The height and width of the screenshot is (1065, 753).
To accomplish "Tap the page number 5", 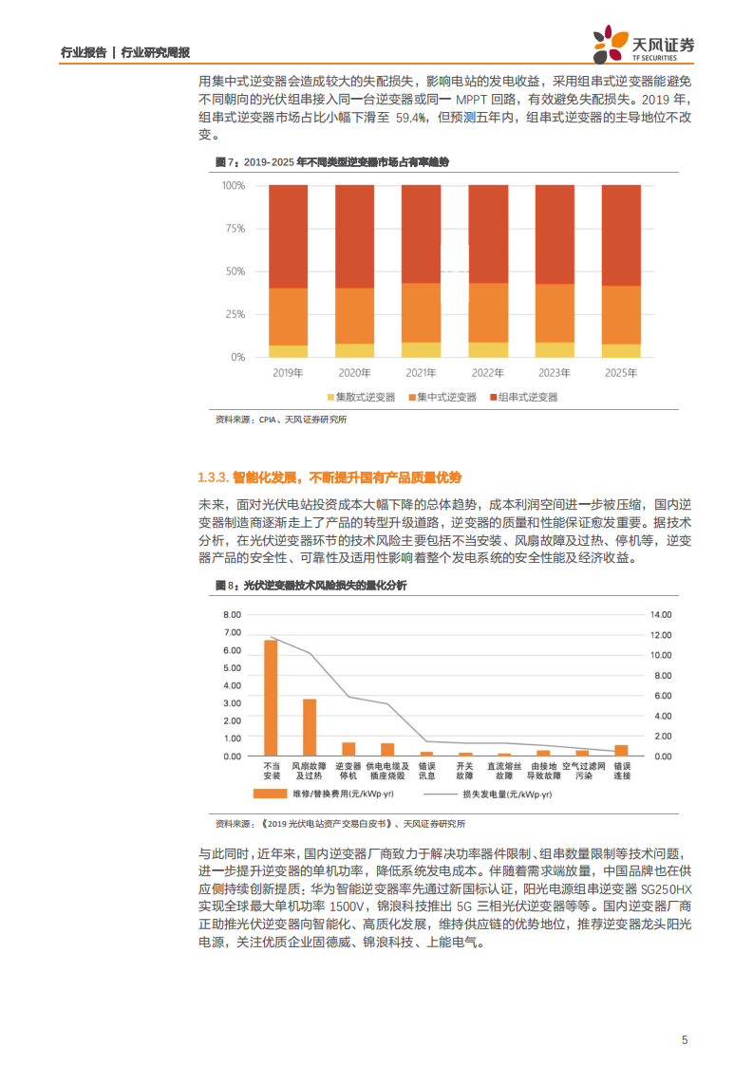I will pyautogui.click(x=685, y=1039).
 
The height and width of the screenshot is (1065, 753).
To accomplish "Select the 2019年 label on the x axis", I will pyautogui.click(x=288, y=373).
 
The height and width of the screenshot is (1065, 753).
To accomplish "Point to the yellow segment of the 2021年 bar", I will pyautogui.click(x=421, y=350).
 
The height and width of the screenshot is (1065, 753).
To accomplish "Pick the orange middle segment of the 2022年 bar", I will pyautogui.click(x=488, y=312).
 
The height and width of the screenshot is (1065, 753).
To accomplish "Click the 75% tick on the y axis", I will pyautogui.click(x=235, y=229).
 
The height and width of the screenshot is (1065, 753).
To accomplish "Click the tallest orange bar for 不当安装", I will pyautogui.click(x=271, y=698).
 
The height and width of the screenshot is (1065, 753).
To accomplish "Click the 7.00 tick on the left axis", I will pyautogui.click(x=233, y=614).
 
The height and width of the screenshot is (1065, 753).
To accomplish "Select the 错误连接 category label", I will pyautogui.click(x=622, y=770).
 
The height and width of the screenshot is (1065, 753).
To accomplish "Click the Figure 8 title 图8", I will pyautogui.click(x=224, y=587).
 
